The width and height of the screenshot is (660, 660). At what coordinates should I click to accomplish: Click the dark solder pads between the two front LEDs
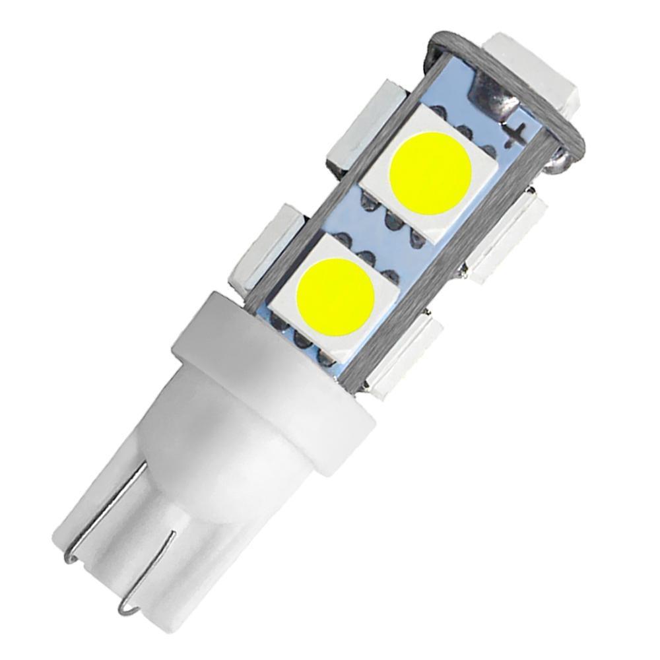coord(383,228)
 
